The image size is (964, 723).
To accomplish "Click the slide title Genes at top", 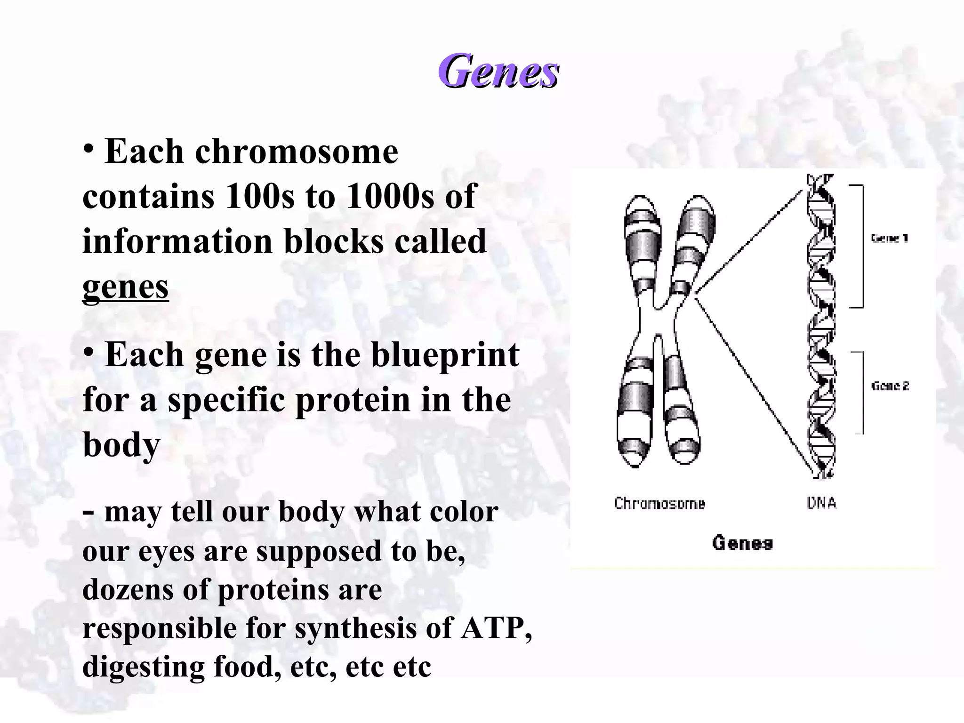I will point(498,72).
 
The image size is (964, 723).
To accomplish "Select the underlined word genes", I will point(125,287).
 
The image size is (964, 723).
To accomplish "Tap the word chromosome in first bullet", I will point(297,152).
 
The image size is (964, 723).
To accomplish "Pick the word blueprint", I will point(445,354).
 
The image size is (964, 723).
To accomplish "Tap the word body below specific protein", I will point(121,444).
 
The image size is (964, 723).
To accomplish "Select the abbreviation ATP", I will point(493,628).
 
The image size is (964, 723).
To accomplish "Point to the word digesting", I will point(143,667).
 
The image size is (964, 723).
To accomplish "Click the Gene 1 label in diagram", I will point(889,238).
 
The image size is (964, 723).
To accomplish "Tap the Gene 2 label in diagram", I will point(890,386).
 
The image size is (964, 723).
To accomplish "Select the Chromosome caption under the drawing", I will point(659,503).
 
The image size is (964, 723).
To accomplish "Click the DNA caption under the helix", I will point(821,503).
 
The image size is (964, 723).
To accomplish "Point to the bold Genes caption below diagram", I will point(742,543).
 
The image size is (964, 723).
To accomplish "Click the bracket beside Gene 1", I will point(861,246).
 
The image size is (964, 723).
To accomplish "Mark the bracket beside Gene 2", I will point(861,392).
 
